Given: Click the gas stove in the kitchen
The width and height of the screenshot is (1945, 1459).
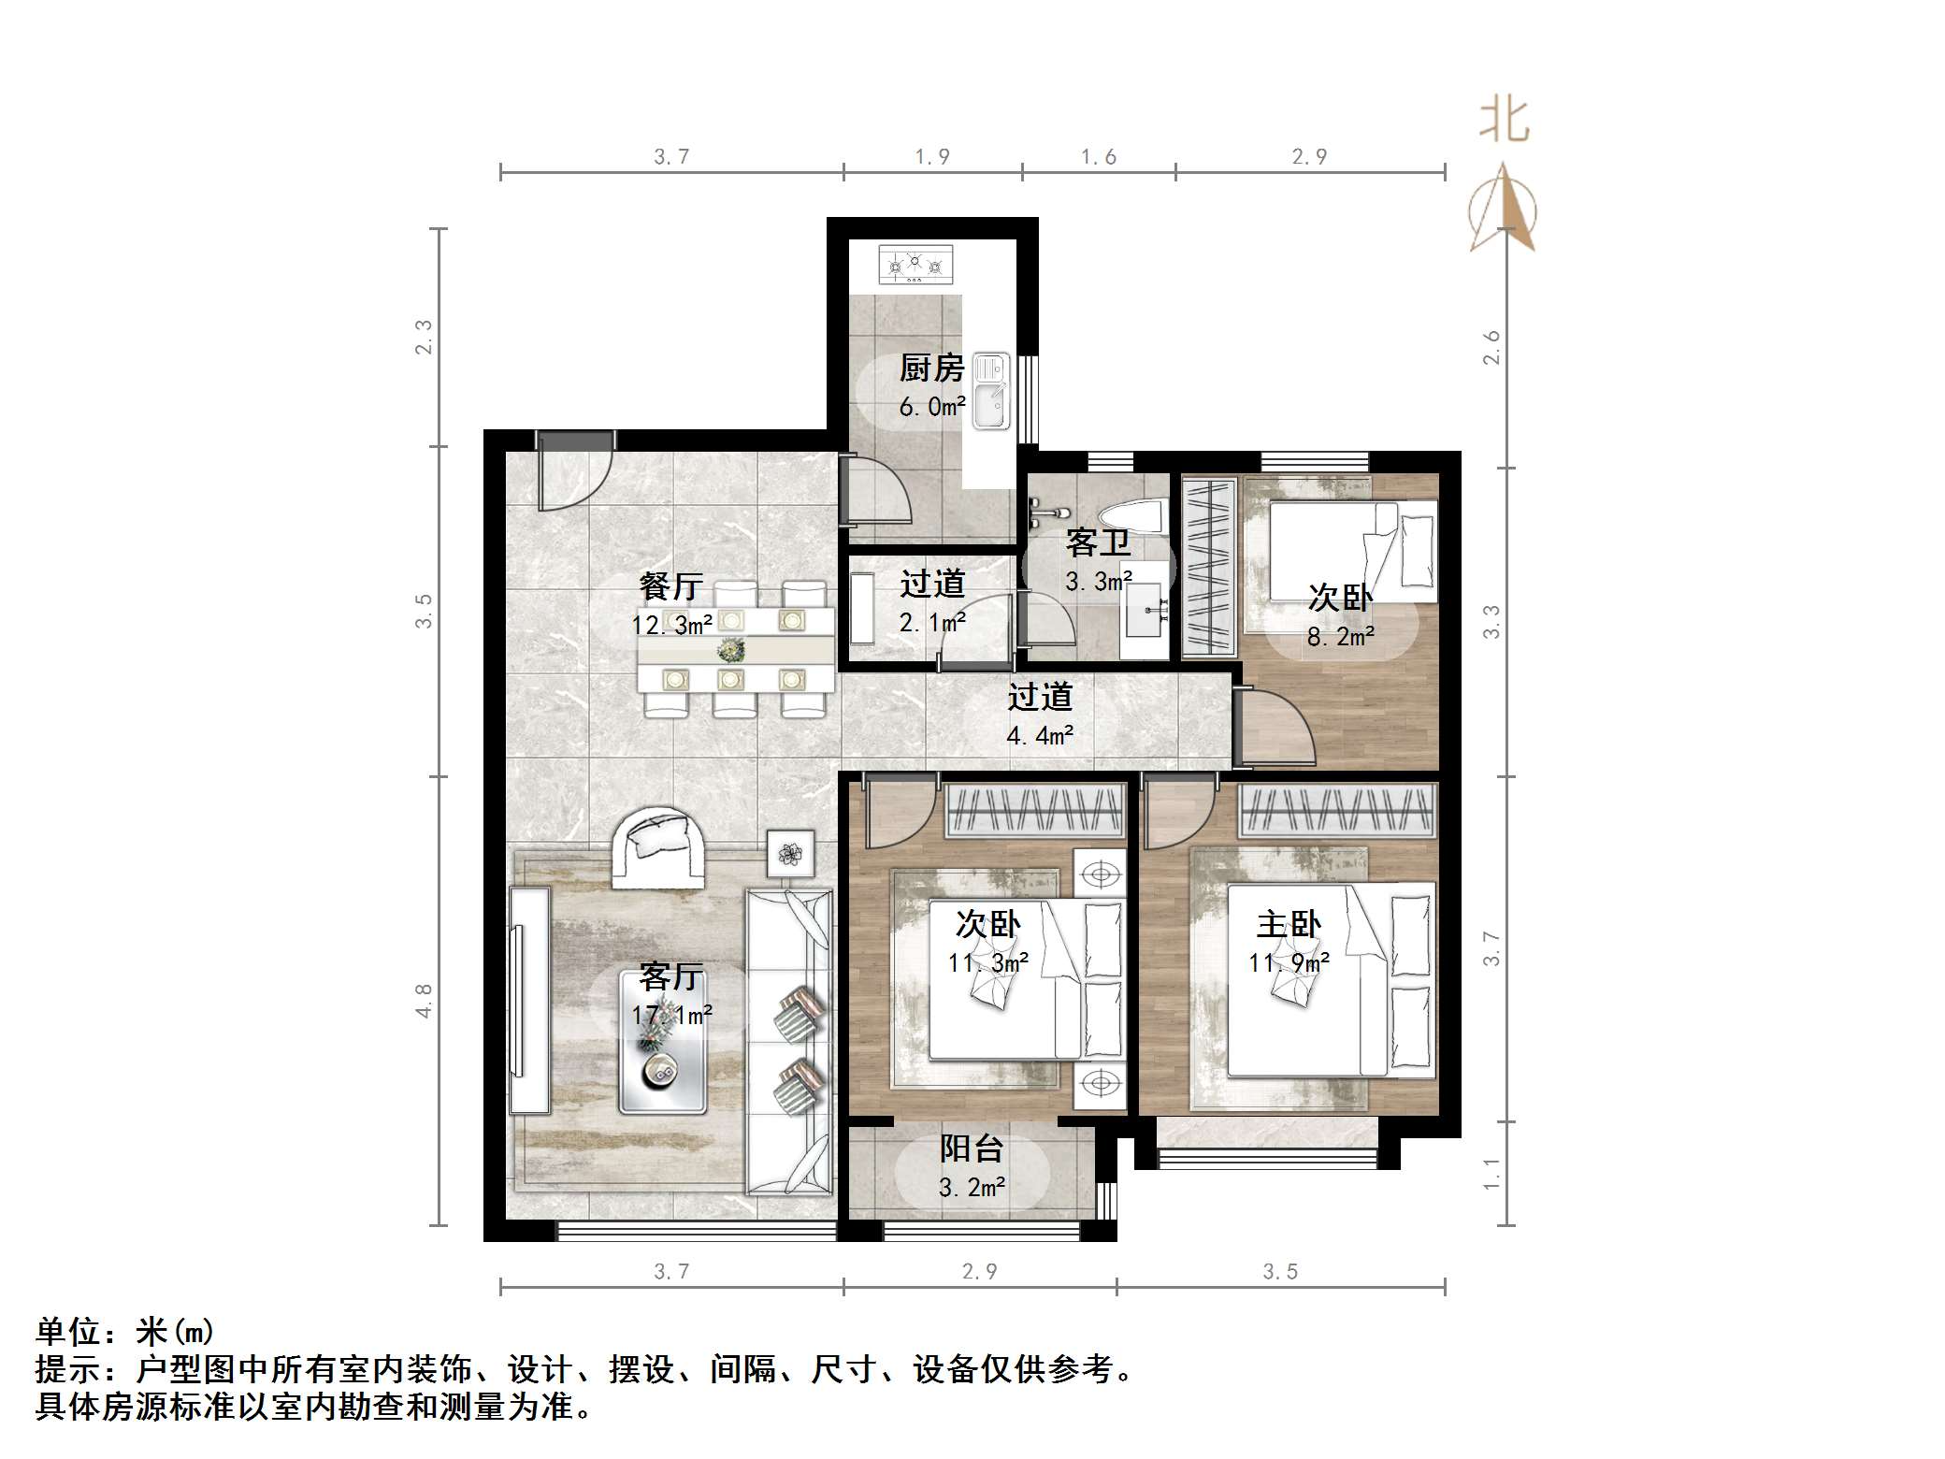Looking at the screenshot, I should [916, 265].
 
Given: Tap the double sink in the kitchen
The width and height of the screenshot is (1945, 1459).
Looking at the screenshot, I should [991, 391].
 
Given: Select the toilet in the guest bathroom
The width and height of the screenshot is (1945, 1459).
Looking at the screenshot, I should [1131, 515].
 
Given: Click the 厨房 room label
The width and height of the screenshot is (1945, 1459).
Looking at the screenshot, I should [931, 368].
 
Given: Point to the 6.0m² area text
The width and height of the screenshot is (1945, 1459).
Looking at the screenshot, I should [931, 407].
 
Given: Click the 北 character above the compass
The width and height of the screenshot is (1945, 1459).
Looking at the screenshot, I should [1504, 122].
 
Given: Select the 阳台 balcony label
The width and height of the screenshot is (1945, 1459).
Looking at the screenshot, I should [972, 1148].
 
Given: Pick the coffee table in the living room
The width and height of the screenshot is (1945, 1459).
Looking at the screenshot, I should [662, 1041].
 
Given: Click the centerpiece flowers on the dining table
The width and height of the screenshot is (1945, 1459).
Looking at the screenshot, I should [730, 647].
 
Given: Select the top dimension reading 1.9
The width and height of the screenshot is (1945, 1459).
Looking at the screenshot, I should [931, 156].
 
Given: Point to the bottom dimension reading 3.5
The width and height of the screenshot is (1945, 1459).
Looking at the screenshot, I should [1279, 1271].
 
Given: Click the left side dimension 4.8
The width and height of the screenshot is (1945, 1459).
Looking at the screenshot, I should [424, 1000].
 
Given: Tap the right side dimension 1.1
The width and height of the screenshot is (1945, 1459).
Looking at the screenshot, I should [1491, 1173].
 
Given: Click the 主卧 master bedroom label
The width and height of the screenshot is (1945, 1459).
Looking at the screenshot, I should [1289, 925].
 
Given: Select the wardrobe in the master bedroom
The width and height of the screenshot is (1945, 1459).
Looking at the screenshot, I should [1337, 810].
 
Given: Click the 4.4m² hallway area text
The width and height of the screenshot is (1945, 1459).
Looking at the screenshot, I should [1039, 736].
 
